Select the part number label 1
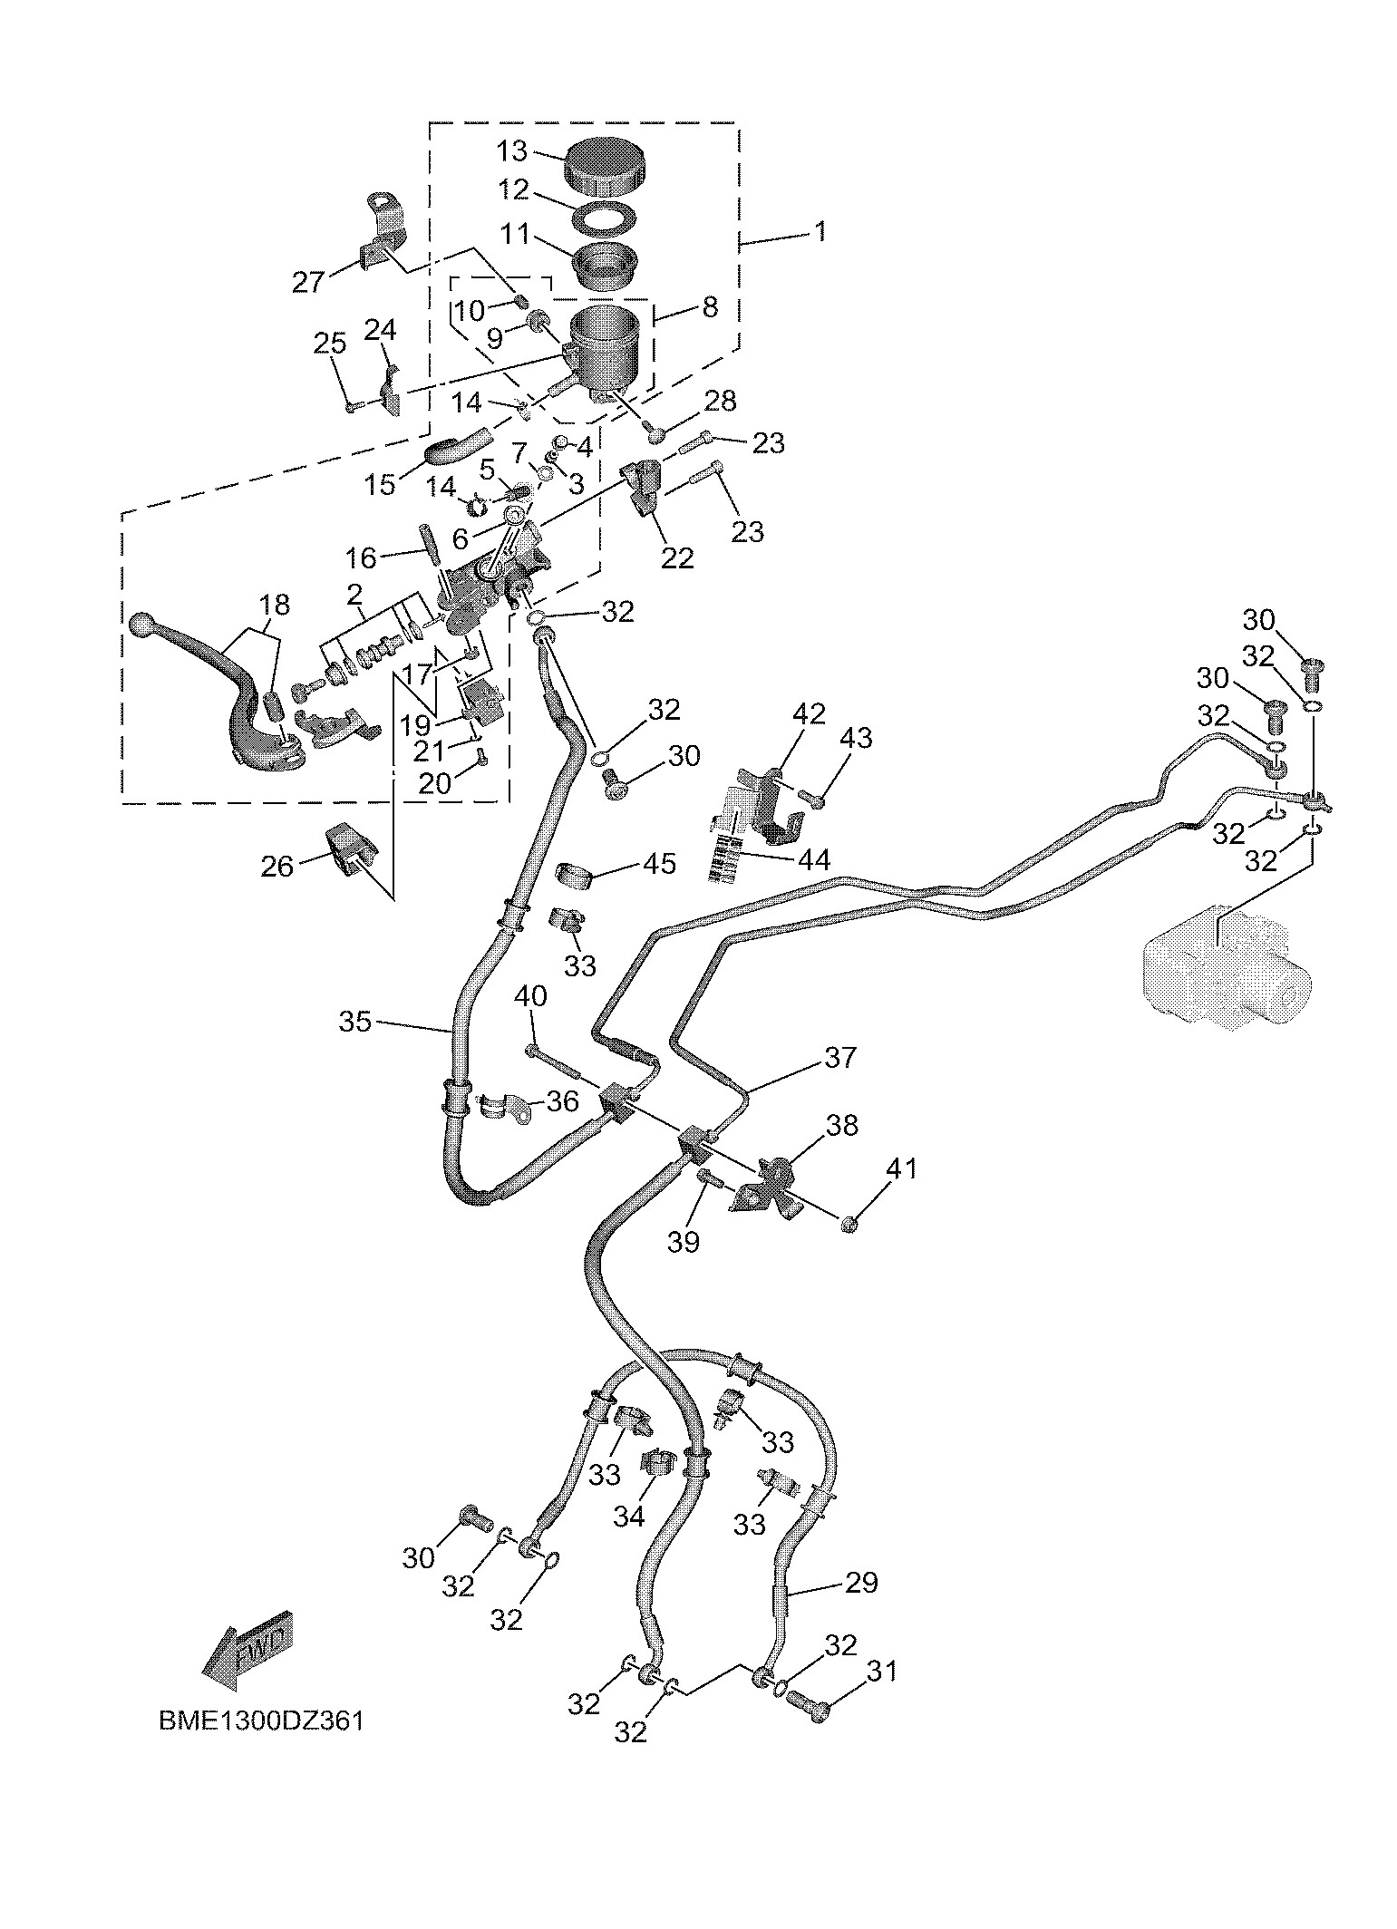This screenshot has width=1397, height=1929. click(820, 232)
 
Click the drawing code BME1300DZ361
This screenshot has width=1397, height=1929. click(261, 1721)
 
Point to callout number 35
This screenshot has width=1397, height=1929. click(355, 1022)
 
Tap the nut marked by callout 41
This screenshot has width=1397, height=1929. click(849, 1225)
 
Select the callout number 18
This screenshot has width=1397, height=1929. click(275, 604)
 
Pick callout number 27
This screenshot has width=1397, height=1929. click(308, 282)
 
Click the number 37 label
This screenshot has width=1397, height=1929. click(839, 1057)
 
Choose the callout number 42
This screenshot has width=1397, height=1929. click(809, 714)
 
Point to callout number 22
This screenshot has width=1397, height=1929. click(676, 557)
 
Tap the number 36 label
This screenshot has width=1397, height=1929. click(561, 1101)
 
